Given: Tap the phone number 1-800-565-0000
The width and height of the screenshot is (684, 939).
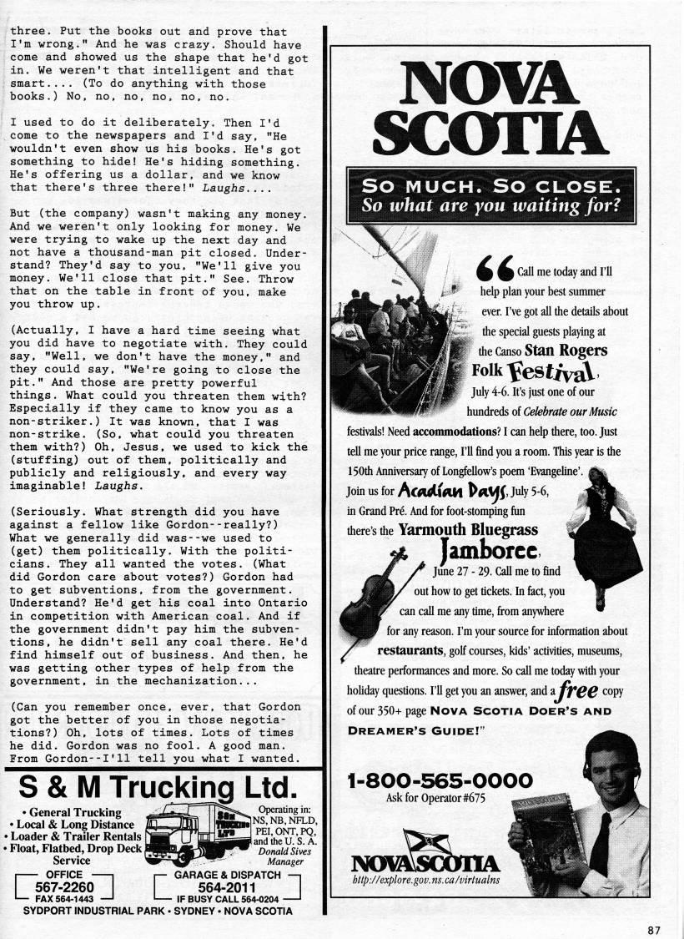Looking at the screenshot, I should tap(440, 781).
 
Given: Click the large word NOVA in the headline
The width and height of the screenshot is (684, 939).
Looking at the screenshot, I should tap(491, 88).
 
